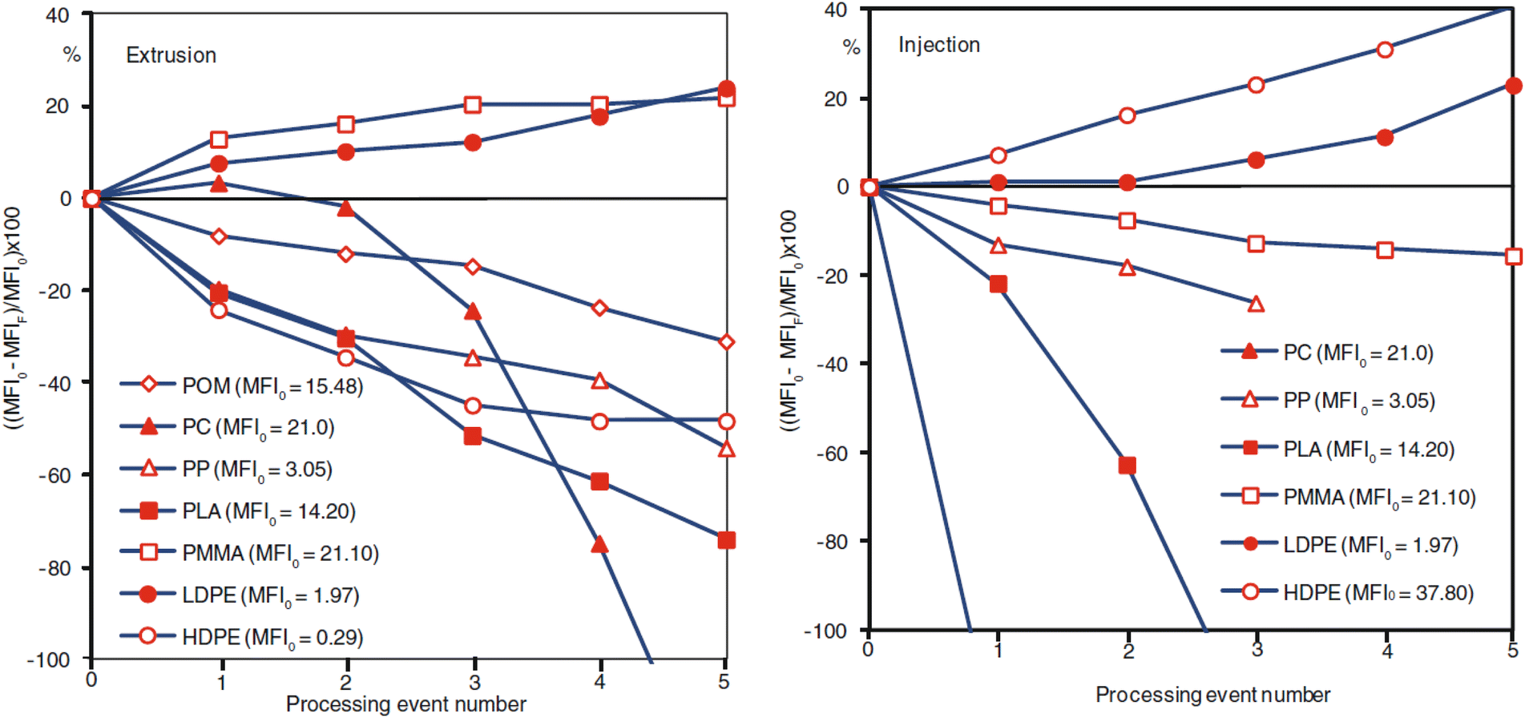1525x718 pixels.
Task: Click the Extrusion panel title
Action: click(x=171, y=55)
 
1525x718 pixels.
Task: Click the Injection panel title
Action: click(x=938, y=45)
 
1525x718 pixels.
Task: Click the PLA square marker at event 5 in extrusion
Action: click(x=726, y=540)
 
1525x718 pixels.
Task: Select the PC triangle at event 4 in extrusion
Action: click(x=599, y=545)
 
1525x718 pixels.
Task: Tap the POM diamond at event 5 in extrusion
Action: click(x=726, y=342)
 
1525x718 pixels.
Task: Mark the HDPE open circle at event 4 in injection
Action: click(x=1385, y=50)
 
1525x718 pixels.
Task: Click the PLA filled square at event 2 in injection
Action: click(x=1127, y=466)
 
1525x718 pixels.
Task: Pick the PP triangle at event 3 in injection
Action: click(x=1256, y=304)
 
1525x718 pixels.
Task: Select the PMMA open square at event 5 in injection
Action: click(x=1513, y=256)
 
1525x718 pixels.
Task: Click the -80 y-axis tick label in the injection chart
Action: click(x=831, y=543)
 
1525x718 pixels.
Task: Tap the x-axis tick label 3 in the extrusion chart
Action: click(x=474, y=682)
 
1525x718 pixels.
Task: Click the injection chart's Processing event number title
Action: click(x=1212, y=695)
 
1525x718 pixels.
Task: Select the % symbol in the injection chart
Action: click(x=851, y=48)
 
